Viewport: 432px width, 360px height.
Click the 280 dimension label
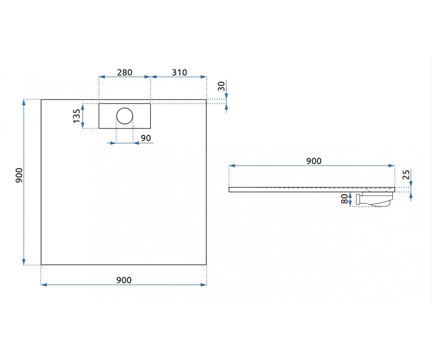click(x=125, y=72)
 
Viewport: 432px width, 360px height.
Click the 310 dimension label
click(x=179, y=72)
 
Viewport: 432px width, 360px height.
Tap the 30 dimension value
click(x=221, y=86)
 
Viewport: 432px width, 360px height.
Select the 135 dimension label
click(x=77, y=116)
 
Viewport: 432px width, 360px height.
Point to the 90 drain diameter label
click(x=146, y=138)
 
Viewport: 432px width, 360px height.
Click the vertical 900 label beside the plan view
click(x=19, y=175)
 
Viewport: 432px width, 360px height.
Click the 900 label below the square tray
click(x=124, y=280)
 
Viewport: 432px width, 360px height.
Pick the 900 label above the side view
click(x=314, y=161)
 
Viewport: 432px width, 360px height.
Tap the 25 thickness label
click(x=406, y=175)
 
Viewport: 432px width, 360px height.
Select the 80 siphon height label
click(x=345, y=199)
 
